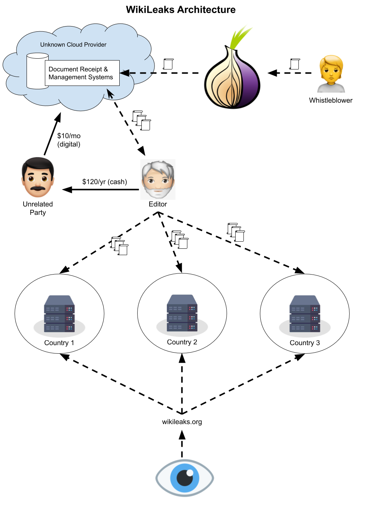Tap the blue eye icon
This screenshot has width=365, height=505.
(x=185, y=478)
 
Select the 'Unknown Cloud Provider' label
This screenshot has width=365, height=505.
(x=73, y=45)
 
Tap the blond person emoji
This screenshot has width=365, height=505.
(x=331, y=74)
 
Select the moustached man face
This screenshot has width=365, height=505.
(x=38, y=177)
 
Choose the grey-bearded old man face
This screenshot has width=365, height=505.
(x=157, y=179)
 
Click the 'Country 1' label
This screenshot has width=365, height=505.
(x=59, y=343)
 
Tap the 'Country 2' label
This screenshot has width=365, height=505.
(x=182, y=342)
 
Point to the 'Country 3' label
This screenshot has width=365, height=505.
(x=305, y=343)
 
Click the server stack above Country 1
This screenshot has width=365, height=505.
(x=59, y=314)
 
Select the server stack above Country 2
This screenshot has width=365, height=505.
(x=182, y=313)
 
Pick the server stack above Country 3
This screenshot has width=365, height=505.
(x=305, y=314)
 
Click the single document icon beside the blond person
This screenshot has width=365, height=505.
(x=295, y=64)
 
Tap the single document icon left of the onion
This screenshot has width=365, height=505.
(x=168, y=64)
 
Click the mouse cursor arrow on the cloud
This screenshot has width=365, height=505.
(x=110, y=94)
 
